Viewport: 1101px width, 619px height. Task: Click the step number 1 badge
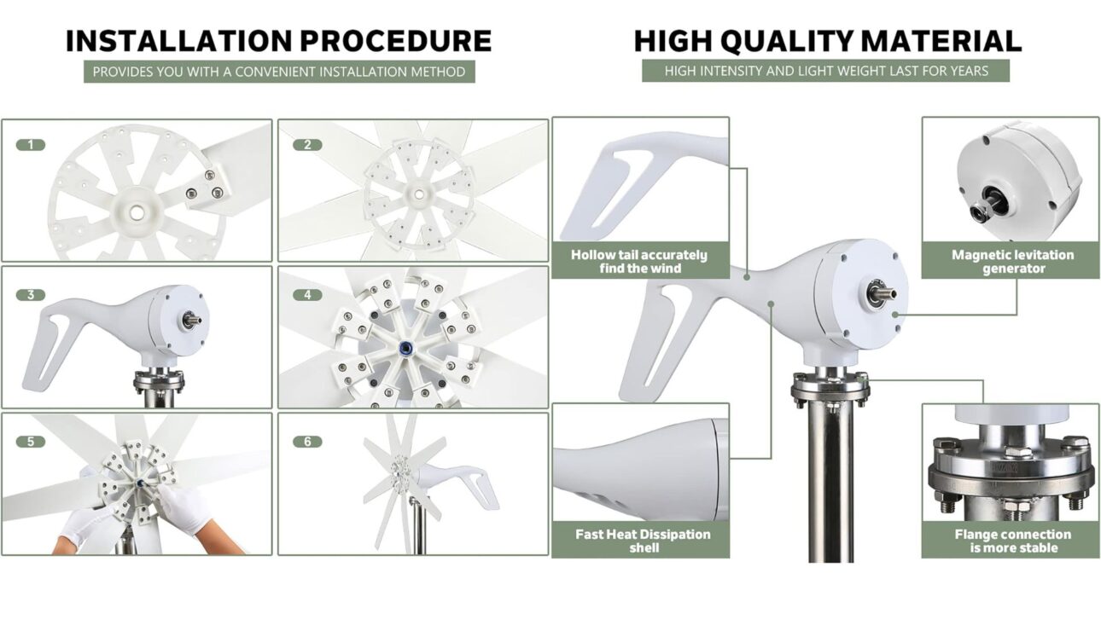(x=31, y=145)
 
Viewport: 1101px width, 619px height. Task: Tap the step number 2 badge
(x=307, y=145)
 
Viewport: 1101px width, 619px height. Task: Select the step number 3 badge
(x=31, y=295)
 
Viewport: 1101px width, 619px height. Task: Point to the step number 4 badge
(x=307, y=295)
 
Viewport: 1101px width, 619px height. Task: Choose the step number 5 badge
(x=31, y=442)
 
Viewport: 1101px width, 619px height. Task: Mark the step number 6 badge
(x=307, y=442)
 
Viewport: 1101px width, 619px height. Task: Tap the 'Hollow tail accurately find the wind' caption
(x=639, y=261)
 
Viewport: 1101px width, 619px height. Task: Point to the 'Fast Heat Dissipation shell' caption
(x=643, y=541)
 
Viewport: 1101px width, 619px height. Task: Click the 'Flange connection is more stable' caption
(x=1012, y=541)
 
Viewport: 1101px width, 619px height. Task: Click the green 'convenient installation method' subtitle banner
(x=279, y=72)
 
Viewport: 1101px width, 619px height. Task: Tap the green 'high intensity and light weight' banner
(x=825, y=71)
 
